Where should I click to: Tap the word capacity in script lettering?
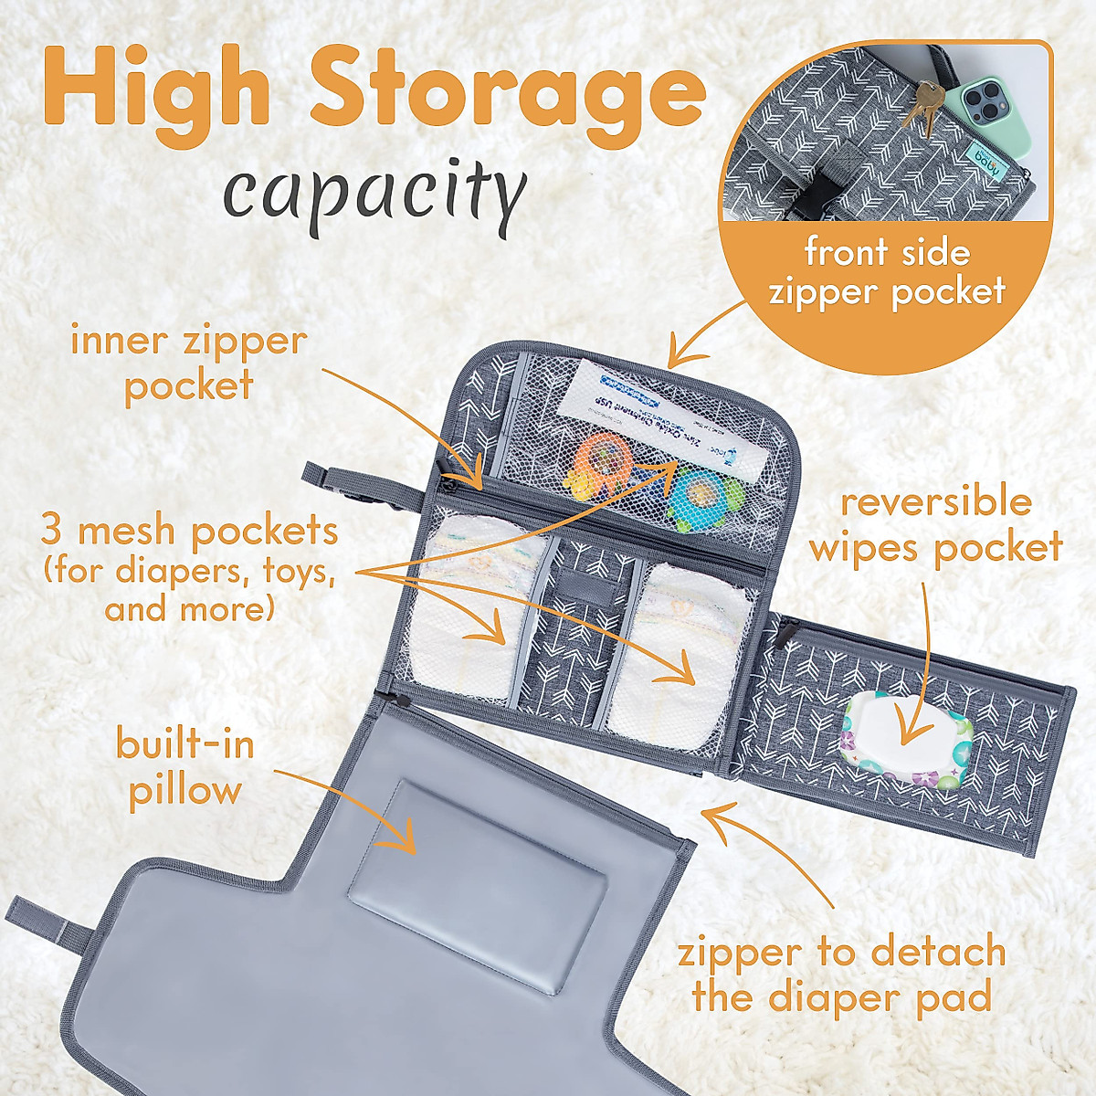(375, 191)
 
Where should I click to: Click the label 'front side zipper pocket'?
(887, 272)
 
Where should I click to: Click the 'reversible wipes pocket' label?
(936, 524)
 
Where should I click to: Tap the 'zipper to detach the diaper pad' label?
(841, 974)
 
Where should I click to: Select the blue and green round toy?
(699, 493)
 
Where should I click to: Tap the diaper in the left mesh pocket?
(470, 621)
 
